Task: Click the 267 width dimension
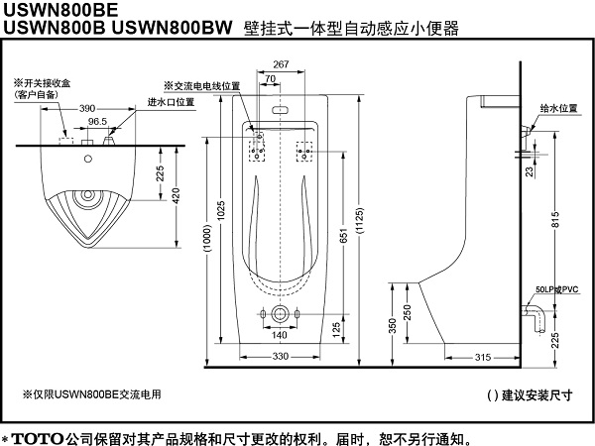pyautogui.click(x=280, y=64)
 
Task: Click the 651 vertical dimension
pyautogui.click(x=339, y=237)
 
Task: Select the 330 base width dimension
pyautogui.click(x=280, y=356)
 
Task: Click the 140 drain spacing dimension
pyautogui.click(x=279, y=335)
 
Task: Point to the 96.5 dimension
pyautogui.click(x=97, y=121)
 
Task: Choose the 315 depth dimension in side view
pyautogui.click(x=483, y=356)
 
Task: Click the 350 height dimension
pyautogui.click(x=365, y=325)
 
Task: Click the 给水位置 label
pyautogui.click(x=557, y=110)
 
